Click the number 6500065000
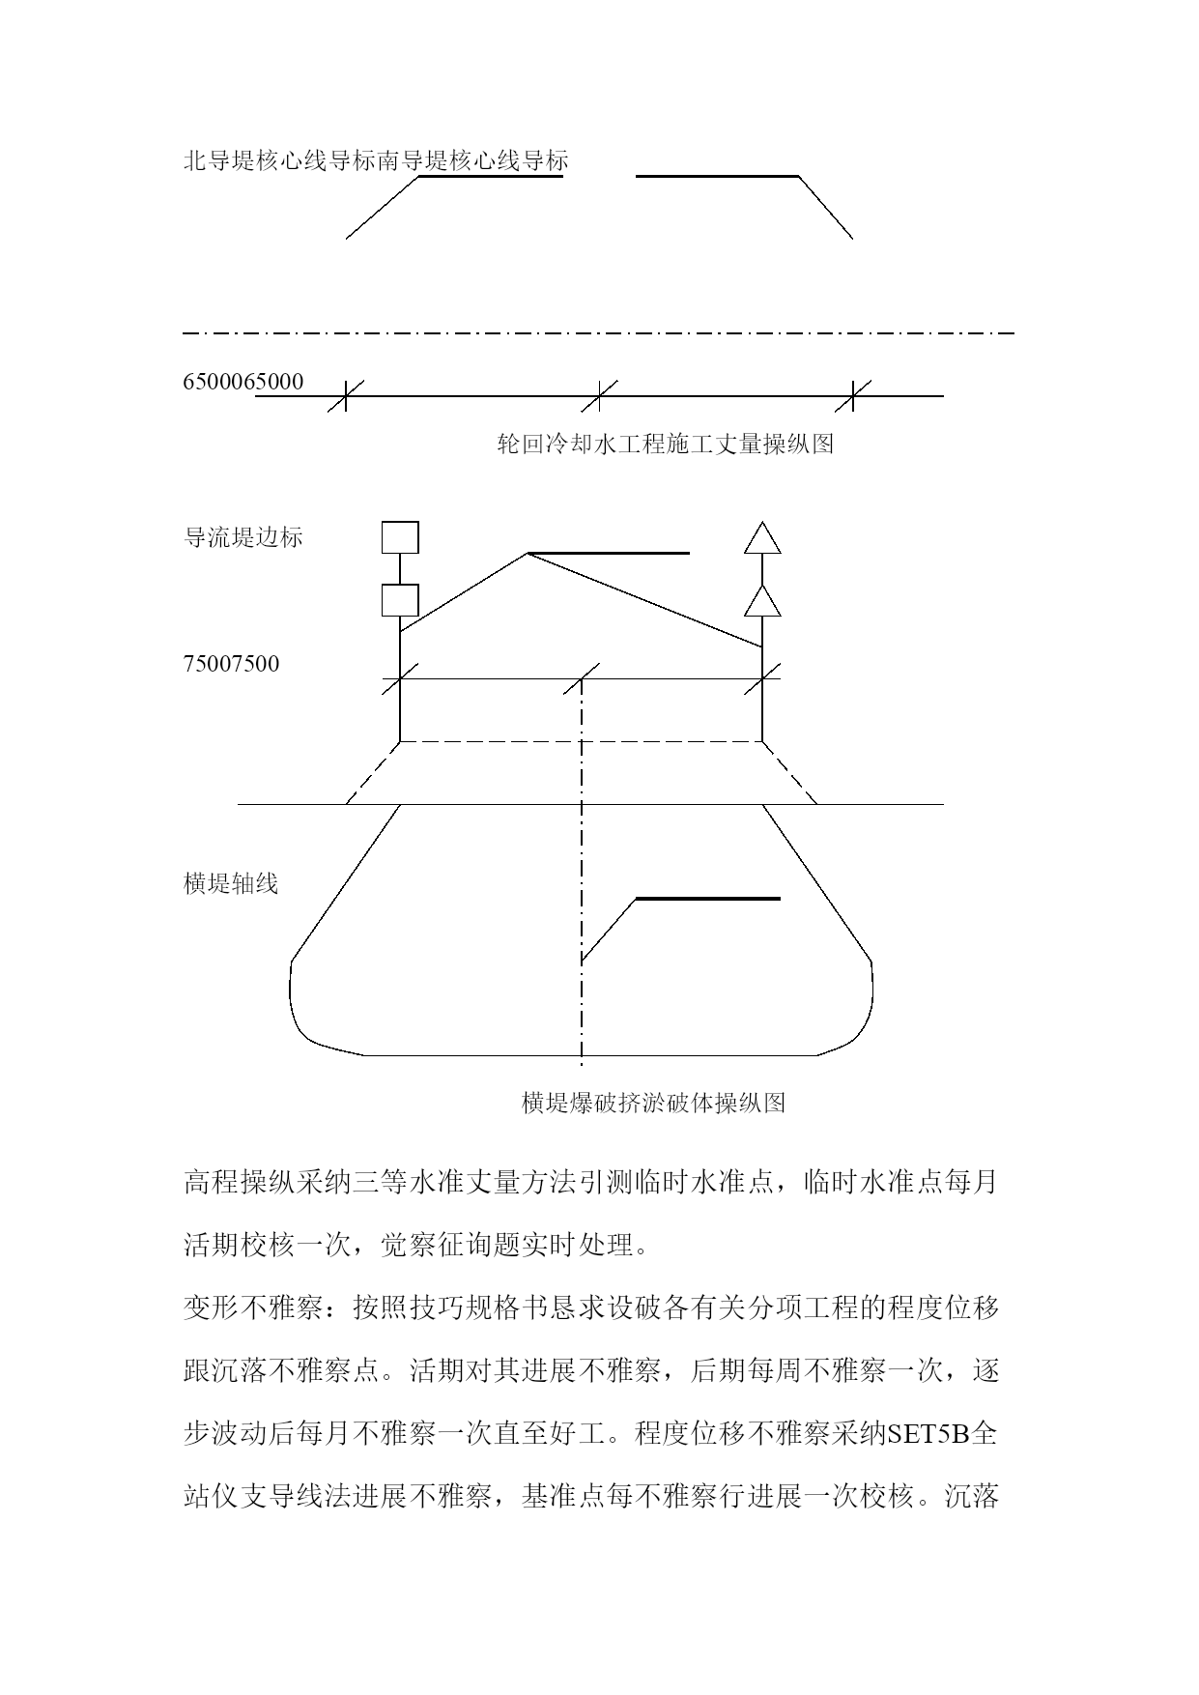click(243, 382)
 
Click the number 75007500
click(232, 664)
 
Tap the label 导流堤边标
click(243, 537)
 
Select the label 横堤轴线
click(231, 883)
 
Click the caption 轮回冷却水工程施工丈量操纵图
click(665, 445)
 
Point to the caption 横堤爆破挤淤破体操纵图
click(653, 1103)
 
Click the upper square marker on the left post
click(400, 537)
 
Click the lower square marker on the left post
click(400, 600)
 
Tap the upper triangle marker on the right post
click(762, 538)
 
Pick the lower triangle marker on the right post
click(762, 601)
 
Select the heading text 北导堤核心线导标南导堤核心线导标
click(376, 160)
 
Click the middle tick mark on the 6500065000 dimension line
click(600, 395)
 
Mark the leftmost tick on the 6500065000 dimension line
click(346, 395)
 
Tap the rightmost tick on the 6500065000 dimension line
click(853, 395)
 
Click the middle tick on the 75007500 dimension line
click(582, 678)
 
